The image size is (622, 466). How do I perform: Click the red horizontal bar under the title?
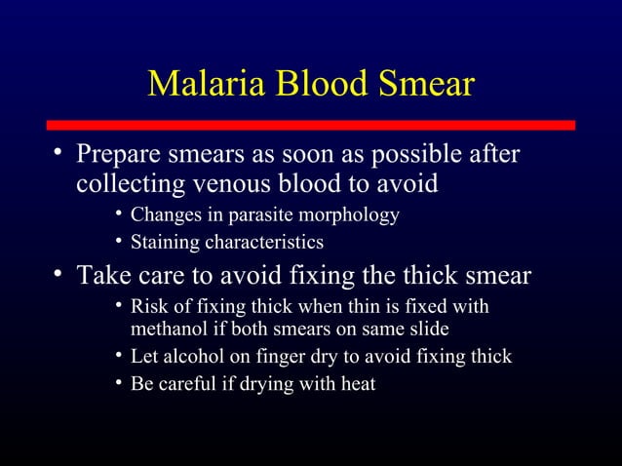click(311, 126)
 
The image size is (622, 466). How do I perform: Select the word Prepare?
click(123, 156)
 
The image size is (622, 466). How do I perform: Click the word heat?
click(356, 383)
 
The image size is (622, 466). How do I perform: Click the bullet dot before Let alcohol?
click(117, 356)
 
